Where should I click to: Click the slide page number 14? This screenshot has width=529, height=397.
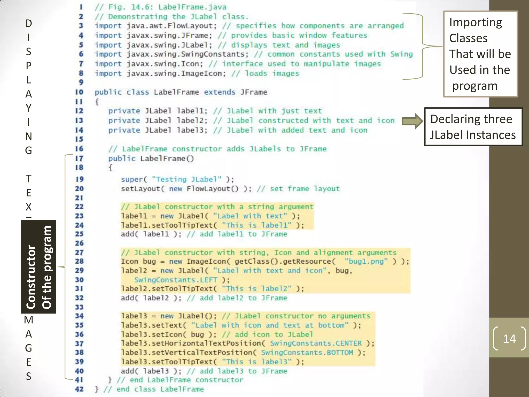click(509, 339)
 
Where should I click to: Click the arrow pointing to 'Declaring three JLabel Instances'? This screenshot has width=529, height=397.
click(412, 121)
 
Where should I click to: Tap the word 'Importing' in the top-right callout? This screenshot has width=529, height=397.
click(476, 22)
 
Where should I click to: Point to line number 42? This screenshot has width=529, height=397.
click(79, 389)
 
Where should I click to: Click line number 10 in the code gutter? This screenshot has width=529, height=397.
click(79, 92)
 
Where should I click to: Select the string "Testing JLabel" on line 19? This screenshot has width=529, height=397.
click(186, 179)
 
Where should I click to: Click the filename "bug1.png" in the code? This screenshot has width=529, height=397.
click(366, 261)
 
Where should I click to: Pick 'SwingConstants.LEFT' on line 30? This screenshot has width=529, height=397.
click(176, 280)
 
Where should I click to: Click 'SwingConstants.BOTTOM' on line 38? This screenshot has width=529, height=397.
click(307, 353)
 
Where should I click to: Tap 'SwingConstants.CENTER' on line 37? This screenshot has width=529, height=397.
click(316, 343)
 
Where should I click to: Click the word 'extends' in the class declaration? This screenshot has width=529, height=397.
click(220, 92)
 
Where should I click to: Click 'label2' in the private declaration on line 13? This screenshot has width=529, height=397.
click(192, 121)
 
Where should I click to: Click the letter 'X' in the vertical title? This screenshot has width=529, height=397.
click(28, 207)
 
